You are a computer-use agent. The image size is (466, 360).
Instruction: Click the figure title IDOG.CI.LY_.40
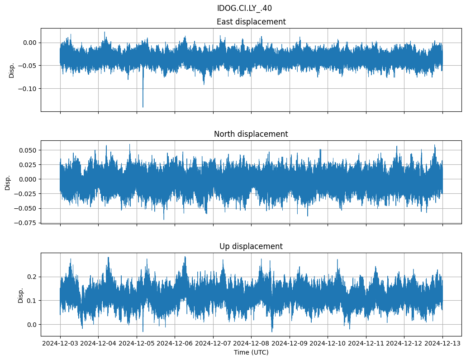(x=244, y=8)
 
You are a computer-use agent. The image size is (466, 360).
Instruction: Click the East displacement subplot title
(x=251, y=22)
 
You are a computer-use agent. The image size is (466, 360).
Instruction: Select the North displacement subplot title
(x=251, y=134)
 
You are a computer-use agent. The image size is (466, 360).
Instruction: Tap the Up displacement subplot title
(x=251, y=246)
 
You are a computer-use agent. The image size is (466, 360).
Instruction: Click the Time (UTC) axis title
(x=251, y=352)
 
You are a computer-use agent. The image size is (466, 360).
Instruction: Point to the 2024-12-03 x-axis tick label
(x=60, y=344)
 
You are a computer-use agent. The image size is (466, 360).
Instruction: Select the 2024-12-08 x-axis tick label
(x=252, y=344)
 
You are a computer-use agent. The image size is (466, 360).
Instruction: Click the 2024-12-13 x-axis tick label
(x=442, y=344)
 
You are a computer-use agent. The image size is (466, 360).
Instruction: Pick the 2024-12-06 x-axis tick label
(x=175, y=344)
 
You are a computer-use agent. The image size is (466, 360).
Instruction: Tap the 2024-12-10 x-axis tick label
(x=328, y=344)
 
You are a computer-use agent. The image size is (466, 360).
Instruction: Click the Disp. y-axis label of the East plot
(x=12, y=70)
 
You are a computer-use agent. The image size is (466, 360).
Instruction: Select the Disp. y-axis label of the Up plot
(x=21, y=295)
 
